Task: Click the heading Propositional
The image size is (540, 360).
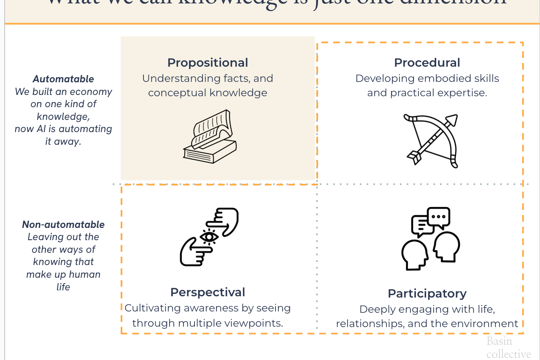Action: [x=208, y=63]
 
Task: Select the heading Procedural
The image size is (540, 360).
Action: [x=427, y=63]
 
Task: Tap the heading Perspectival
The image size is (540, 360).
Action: [x=208, y=292]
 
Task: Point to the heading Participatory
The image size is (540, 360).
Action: [x=427, y=294]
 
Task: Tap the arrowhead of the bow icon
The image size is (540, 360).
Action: [x=451, y=120]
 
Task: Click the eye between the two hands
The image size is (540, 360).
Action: [x=209, y=237]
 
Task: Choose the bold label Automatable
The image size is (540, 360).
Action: [x=63, y=79]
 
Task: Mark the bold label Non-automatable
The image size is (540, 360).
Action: [x=63, y=225]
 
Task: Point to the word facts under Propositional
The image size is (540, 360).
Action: [x=236, y=78]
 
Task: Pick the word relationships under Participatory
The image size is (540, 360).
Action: [x=366, y=324]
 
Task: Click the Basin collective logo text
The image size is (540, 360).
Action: [x=508, y=347]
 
